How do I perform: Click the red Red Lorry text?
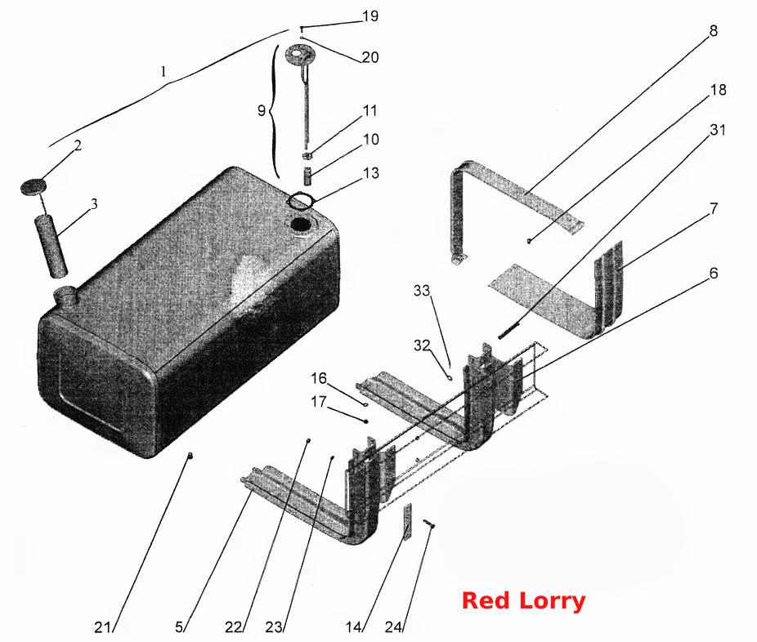[x=524, y=601]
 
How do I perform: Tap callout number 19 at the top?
[x=370, y=16]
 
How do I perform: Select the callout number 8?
[x=713, y=30]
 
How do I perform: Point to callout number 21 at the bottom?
[x=102, y=627]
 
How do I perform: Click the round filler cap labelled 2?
[x=33, y=187]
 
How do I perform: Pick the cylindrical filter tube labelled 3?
[x=50, y=247]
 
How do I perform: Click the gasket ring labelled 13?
[x=300, y=200]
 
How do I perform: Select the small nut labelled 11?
[x=307, y=155]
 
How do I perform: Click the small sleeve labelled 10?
[x=307, y=175]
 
